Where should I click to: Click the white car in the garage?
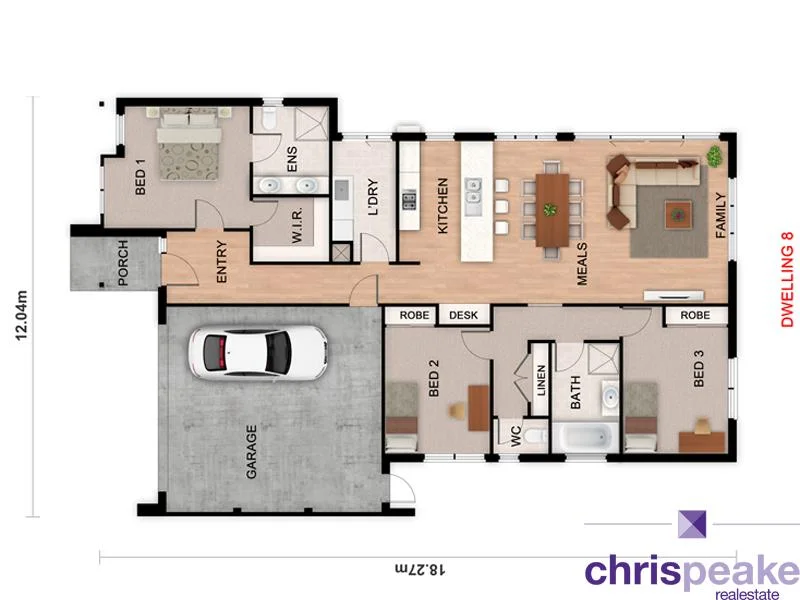pos(258,353)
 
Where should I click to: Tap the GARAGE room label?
pos(251,452)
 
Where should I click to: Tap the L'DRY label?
pos(372,197)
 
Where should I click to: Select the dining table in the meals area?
pos(549,209)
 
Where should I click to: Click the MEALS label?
pos(583,264)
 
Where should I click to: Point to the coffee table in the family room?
pos(680,211)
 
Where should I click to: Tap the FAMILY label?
pos(719,214)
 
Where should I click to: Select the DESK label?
pos(463,315)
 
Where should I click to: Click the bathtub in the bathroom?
pos(582,437)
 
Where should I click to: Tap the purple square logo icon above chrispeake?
pos(692,524)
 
